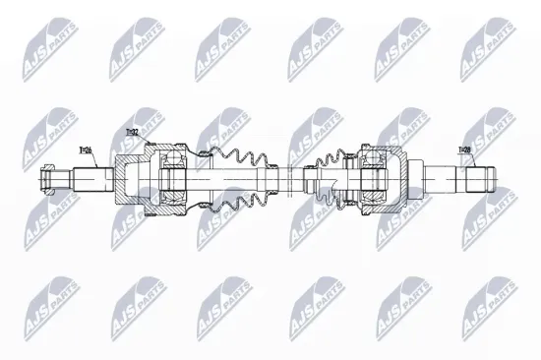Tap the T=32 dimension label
(x=131, y=132)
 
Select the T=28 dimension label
(x=465, y=150)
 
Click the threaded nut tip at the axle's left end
(x=46, y=181)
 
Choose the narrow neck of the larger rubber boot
(x=270, y=181)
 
